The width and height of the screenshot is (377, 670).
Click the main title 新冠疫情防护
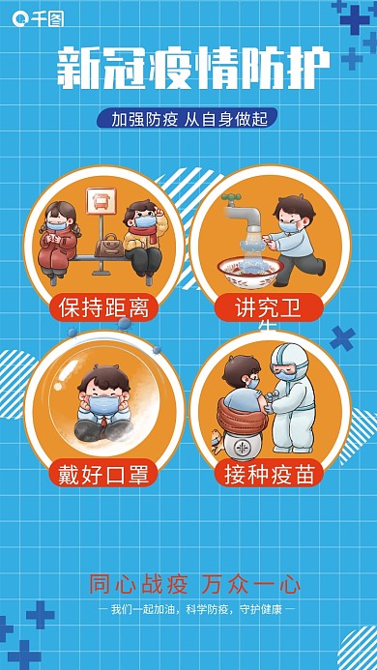click(188, 69)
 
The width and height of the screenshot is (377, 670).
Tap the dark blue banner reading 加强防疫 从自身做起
click(188, 119)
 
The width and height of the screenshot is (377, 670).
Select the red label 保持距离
click(103, 308)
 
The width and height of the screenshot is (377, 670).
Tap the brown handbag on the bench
click(107, 244)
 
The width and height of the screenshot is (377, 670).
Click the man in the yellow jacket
click(142, 238)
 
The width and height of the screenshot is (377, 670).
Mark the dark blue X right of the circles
click(342, 338)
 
